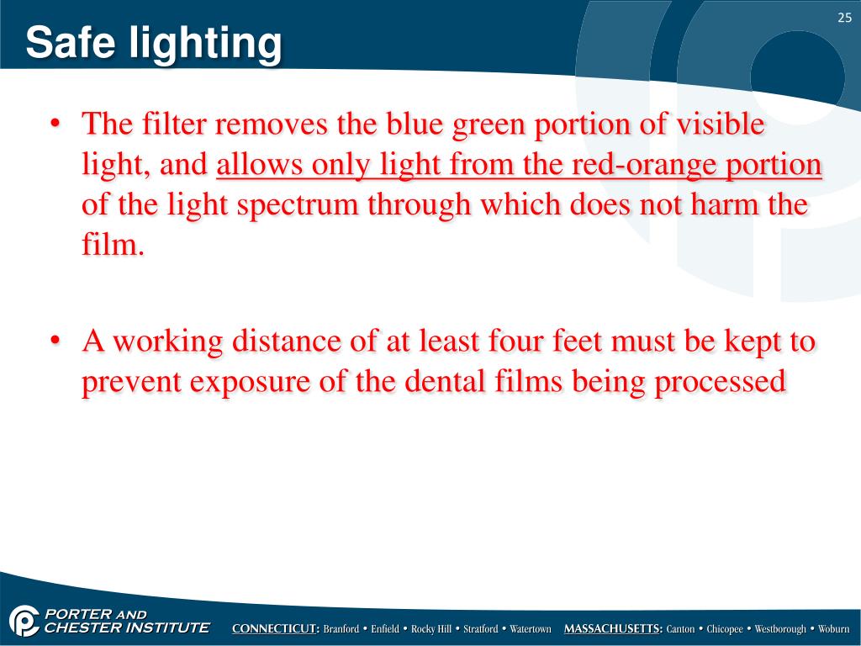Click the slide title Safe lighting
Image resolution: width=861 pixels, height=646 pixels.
(153, 43)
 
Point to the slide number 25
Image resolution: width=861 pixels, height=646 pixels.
(843, 19)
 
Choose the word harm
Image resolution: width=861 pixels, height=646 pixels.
(712, 204)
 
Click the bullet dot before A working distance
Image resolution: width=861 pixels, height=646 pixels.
(55, 342)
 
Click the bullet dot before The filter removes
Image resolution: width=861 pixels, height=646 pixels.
(55, 125)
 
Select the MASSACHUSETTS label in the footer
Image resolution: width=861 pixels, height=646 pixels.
(613, 629)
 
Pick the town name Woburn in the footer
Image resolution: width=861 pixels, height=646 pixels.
(833, 629)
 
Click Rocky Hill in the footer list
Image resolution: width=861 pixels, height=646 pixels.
(430, 629)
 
